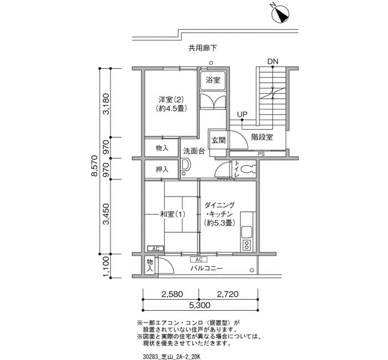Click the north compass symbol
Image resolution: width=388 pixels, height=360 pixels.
click(280, 14)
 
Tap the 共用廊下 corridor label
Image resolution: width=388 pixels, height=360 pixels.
click(203, 48)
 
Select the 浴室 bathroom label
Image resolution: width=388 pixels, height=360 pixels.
click(213, 80)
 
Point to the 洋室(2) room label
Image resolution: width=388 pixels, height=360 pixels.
click(171, 100)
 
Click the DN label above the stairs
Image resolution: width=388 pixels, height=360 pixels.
click(273, 61)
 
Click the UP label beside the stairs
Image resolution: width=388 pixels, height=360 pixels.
click(242, 114)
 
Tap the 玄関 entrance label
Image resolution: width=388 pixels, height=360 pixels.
click(218, 141)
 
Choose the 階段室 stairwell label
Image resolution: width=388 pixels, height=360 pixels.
click(262, 137)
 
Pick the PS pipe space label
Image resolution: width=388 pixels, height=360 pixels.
click(261, 154)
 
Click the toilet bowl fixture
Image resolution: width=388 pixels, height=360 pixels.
click(247, 169)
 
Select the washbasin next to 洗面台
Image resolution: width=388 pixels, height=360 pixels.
click(186, 165)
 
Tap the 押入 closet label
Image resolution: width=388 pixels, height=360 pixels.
click(162, 169)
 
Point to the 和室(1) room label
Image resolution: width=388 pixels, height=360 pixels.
click(172, 214)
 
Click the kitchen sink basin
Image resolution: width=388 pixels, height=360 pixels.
click(247, 232)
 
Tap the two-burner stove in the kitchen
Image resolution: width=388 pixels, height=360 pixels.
click(247, 245)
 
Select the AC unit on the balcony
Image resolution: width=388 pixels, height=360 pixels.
click(199, 260)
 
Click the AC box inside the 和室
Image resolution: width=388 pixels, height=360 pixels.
click(156, 249)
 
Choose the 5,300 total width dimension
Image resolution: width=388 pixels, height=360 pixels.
click(200, 305)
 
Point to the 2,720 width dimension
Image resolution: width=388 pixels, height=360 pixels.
click(228, 294)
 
